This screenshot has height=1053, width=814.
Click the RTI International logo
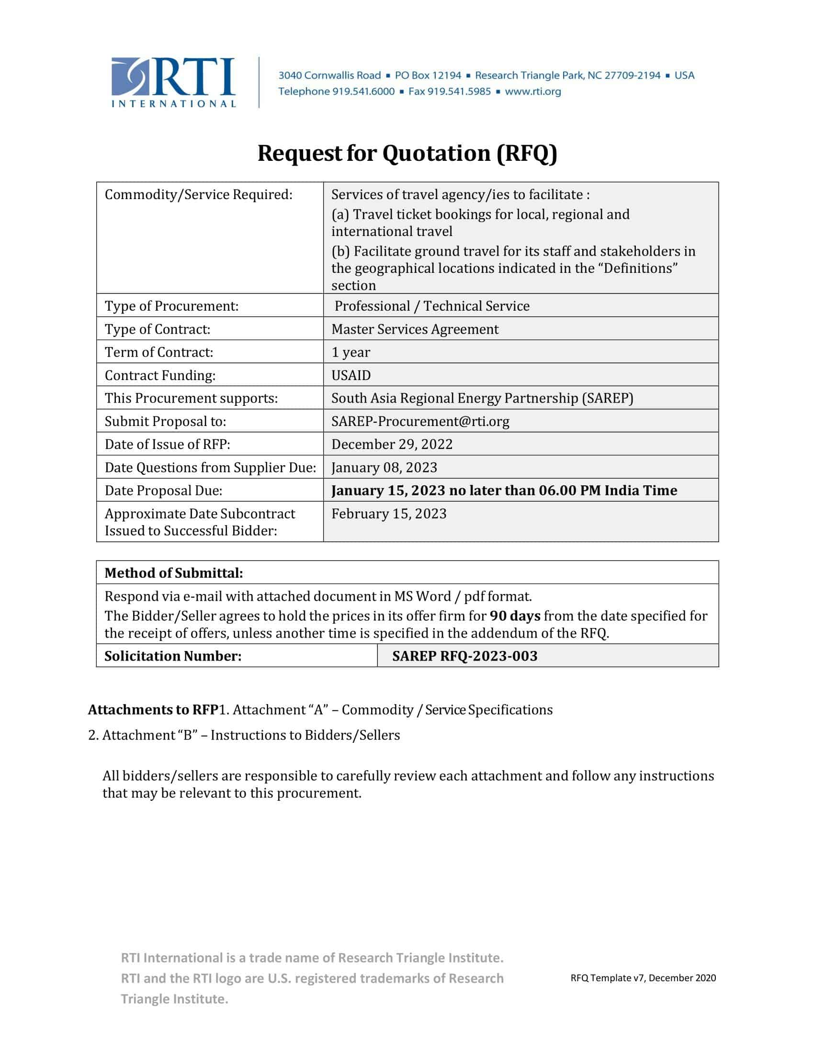tap(173, 82)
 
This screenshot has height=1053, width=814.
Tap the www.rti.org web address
tap(533, 91)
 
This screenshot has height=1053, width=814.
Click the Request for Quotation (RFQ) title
tap(407, 153)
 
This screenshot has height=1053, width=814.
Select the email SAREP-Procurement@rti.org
tap(420, 421)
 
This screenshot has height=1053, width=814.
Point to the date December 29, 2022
tap(392, 444)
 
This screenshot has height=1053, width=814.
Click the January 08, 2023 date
tap(384, 467)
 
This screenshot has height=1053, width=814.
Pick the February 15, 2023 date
tap(389, 514)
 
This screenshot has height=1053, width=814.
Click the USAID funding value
tap(350, 375)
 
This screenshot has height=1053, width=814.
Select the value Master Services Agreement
tap(415, 329)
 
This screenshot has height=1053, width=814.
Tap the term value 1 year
tap(350, 352)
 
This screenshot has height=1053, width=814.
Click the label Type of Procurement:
tap(171, 306)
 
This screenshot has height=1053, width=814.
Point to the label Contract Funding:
tap(159, 375)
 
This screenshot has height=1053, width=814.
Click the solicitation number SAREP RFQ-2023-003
tap(464, 656)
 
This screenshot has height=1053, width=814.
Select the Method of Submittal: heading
tap(174, 573)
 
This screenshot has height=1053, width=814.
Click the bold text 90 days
tap(515, 616)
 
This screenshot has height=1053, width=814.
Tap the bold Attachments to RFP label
tap(153, 710)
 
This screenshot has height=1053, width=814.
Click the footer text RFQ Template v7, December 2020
tap(643, 978)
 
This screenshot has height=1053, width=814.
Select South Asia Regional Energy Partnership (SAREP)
tap(482, 398)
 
